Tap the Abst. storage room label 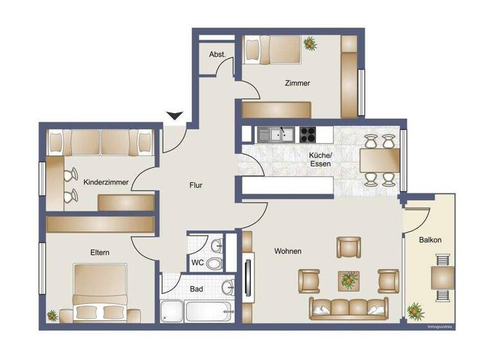pos(217,55)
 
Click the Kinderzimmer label pos(106,182)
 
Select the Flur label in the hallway pos(196,185)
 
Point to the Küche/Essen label pos(320,159)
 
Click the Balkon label pos(430,240)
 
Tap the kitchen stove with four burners pos(307,134)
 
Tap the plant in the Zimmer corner pos(311,44)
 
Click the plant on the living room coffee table pos(349,280)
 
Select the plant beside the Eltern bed pos(52,315)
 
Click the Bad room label pos(196,289)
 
